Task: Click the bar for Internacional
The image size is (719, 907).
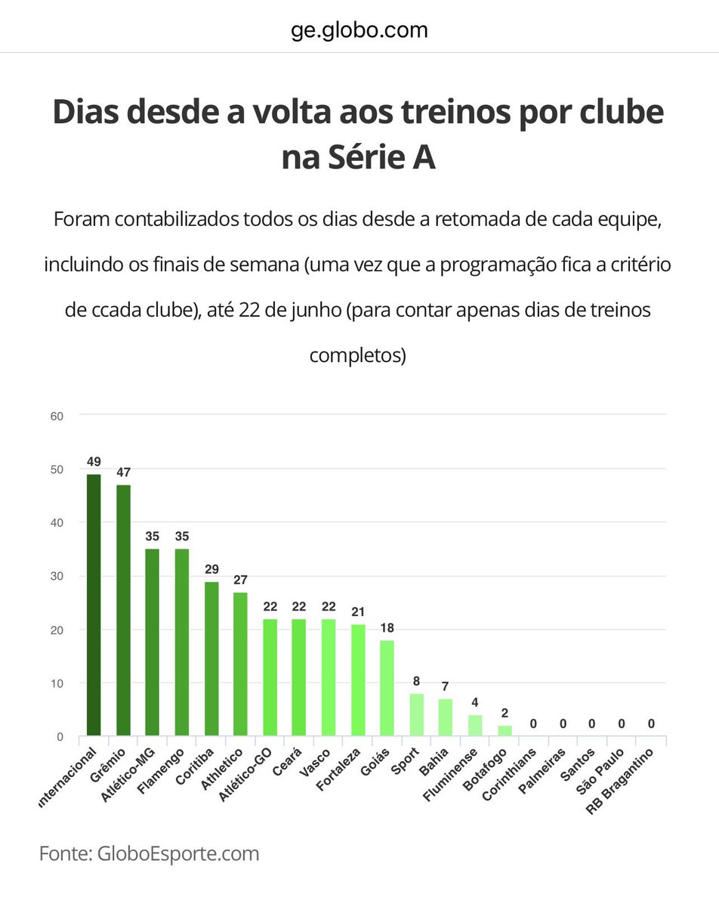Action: pos(94,605)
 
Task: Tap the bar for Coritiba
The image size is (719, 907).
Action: pos(211,658)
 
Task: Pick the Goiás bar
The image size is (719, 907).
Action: pos(387,687)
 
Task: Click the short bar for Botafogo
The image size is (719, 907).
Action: pos(505,730)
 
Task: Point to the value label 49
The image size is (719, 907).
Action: pos(94,462)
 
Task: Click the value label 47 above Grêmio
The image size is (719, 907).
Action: pos(123,472)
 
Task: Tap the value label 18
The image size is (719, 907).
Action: pos(387,628)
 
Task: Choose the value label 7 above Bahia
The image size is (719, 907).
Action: pos(446,687)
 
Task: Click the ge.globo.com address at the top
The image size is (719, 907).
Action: pos(359,30)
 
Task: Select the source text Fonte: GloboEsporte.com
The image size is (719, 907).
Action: pos(149,854)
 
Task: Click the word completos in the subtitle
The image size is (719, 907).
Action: pos(358,354)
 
